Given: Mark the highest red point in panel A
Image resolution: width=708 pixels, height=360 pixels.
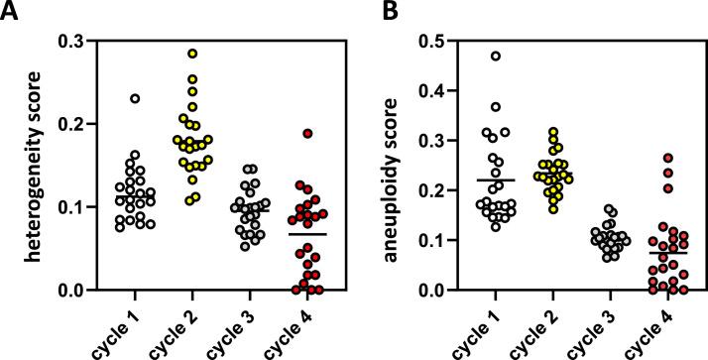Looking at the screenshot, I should [308, 133].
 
